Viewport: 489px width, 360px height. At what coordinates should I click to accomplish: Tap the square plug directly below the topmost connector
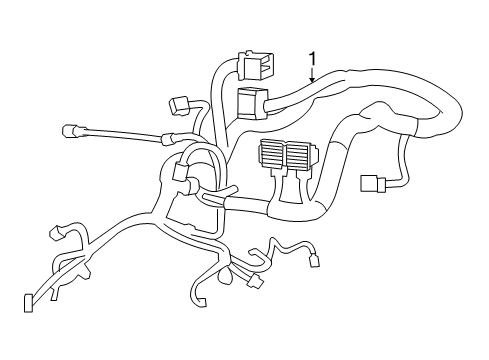point(250,103)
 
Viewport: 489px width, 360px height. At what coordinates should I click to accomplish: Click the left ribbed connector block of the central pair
point(273,154)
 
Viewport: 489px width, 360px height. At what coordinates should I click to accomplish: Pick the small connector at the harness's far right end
point(369,184)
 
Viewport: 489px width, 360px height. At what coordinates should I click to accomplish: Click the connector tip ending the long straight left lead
point(70,129)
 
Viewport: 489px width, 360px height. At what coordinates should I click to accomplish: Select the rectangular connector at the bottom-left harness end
point(27,301)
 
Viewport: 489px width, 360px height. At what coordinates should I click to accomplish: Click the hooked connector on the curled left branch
point(57,237)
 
